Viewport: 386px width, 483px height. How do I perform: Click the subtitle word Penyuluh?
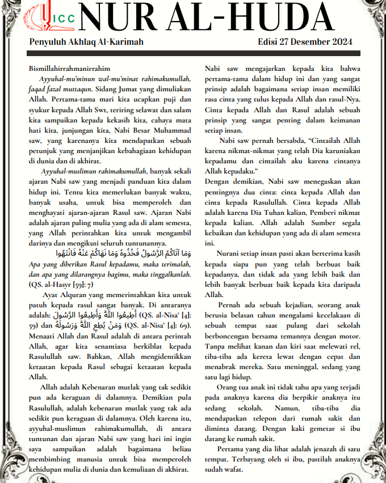click(x=48, y=42)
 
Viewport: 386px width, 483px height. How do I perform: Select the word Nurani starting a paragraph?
click(x=229, y=255)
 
